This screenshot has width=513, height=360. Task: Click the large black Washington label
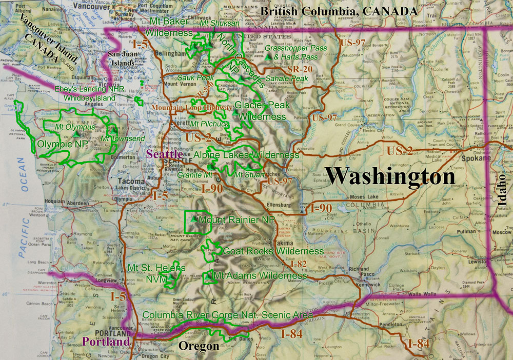coord(390,176)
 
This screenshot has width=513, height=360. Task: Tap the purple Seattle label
coord(164,154)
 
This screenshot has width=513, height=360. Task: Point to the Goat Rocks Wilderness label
coord(273,251)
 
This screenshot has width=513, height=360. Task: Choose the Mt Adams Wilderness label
coord(260,276)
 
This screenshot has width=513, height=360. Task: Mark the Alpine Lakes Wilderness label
coord(247,155)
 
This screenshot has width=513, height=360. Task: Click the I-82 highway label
coord(298,265)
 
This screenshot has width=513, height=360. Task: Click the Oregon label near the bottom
coord(199,347)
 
